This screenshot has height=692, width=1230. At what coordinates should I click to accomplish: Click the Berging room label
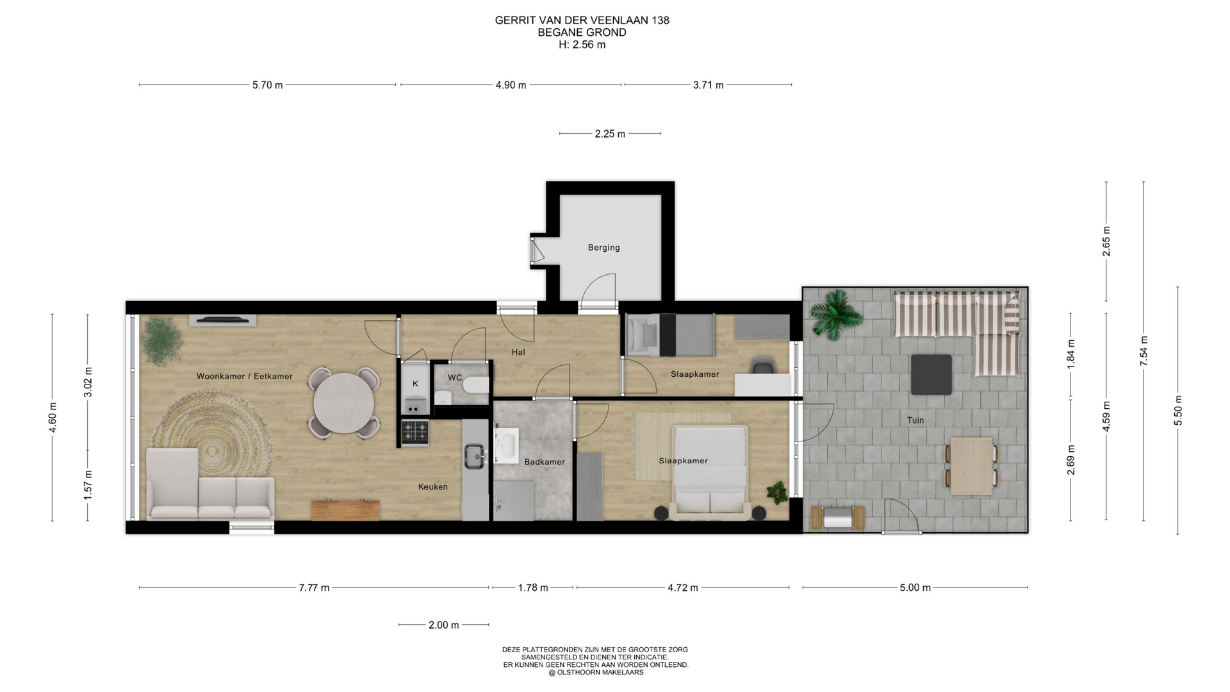point(603,247)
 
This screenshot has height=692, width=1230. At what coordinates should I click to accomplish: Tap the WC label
point(455,377)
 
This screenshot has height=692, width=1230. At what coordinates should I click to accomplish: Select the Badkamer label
point(545,461)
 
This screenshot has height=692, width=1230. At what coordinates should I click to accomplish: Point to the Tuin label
point(915,420)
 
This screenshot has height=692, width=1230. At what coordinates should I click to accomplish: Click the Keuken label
point(433,487)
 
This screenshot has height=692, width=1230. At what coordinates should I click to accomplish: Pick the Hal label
point(518,352)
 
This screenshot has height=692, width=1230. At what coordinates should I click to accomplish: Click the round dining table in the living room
point(344,404)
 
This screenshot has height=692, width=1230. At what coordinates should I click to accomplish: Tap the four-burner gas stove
point(415,432)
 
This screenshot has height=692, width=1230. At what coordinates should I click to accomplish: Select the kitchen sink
point(475,456)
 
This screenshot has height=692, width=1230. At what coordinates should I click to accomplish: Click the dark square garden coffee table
point(931,374)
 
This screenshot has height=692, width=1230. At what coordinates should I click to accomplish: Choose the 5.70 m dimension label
point(268,85)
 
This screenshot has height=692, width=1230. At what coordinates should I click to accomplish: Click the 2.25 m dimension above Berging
point(610,134)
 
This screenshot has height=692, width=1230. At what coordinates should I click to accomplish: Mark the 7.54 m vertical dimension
point(1144,350)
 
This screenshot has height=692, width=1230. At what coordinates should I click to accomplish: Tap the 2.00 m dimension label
point(444,625)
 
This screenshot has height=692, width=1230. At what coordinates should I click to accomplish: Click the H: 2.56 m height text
point(582,45)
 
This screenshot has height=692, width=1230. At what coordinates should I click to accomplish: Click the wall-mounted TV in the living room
point(222,320)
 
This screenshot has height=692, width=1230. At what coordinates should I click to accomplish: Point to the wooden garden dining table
point(971,466)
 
